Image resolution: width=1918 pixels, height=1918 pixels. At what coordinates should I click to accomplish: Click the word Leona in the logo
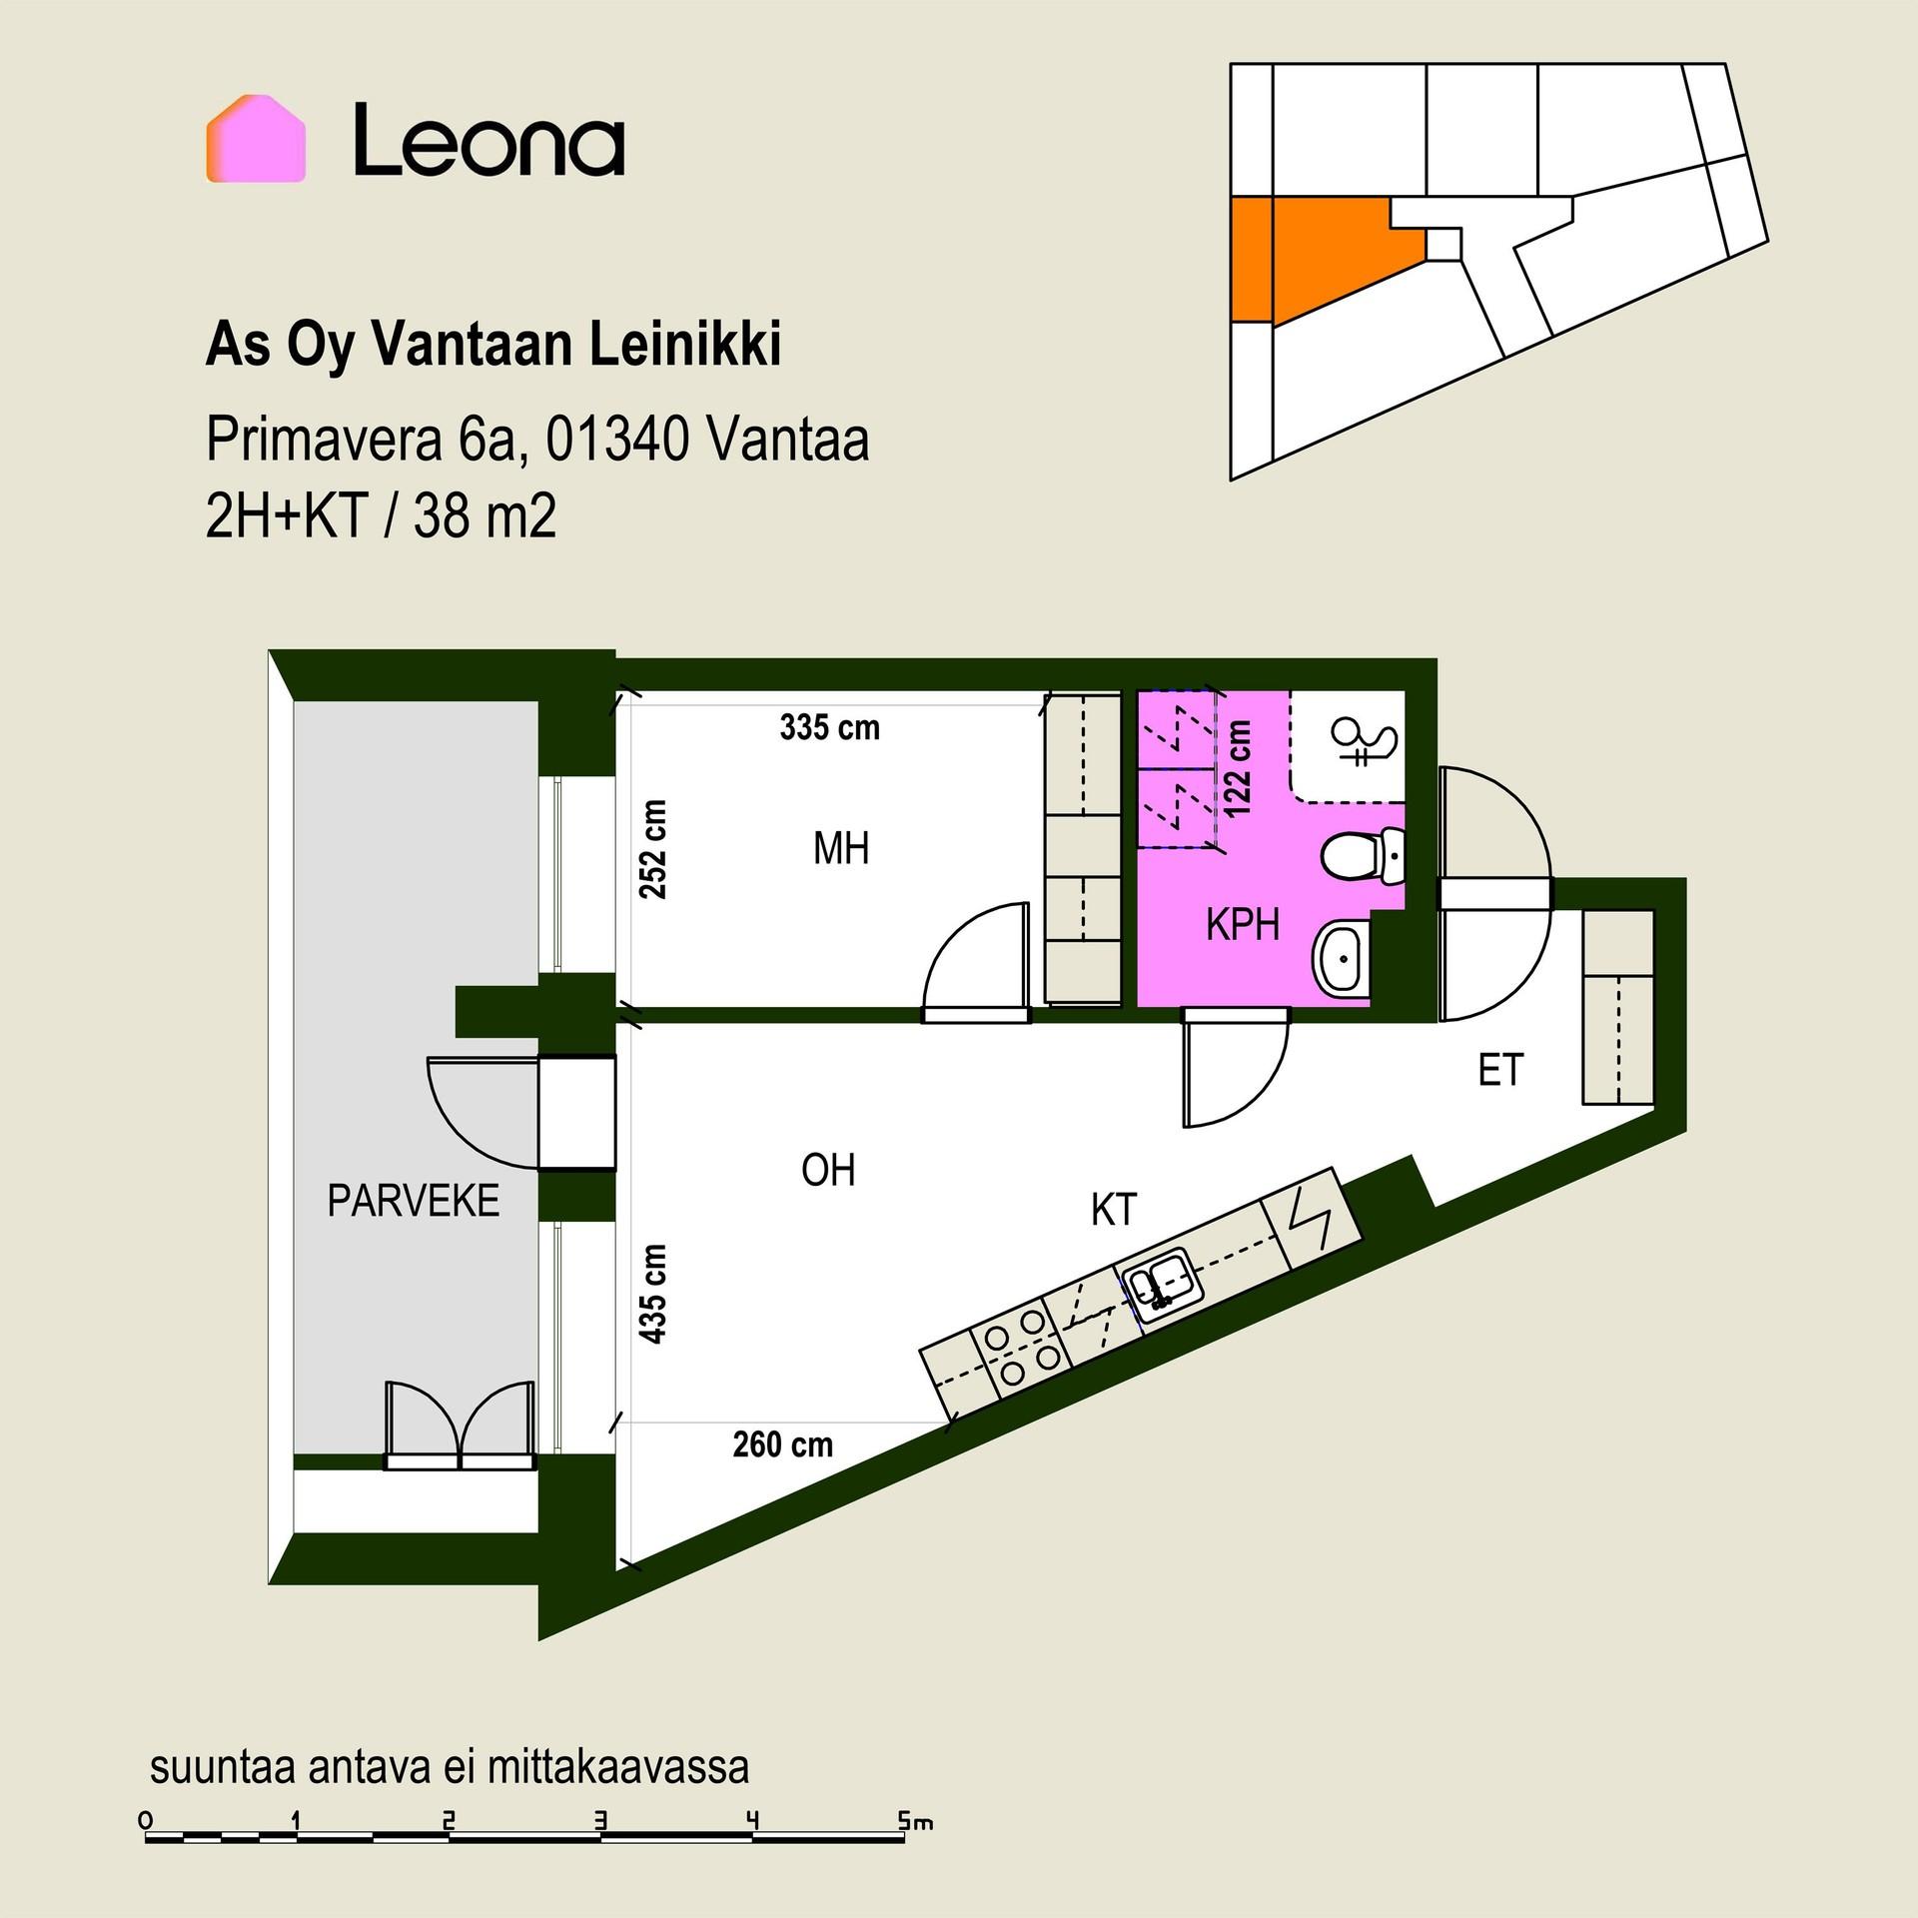[489, 141]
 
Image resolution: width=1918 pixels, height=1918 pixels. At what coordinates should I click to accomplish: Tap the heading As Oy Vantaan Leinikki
[493, 346]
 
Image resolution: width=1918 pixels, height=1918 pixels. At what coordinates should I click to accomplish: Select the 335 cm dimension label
[830, 727]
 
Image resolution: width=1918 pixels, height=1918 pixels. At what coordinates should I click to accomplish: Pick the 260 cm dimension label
[783, 1444]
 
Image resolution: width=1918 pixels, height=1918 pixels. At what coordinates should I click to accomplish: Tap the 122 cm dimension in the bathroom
[1238, 769]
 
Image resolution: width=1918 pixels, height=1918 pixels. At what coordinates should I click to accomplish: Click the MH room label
[841, 849]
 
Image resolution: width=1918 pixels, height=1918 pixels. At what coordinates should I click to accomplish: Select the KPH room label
[1243, 926]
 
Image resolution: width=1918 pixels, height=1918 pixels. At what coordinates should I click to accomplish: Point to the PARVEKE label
[414, 1201]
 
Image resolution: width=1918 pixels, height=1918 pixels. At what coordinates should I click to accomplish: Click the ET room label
[1500, 1071]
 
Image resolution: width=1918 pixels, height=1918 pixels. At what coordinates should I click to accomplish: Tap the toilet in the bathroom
[1364, 855]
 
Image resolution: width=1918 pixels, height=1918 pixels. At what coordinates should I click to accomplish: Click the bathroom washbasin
[1341, 959]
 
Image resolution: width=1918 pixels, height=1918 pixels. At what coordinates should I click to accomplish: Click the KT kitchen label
[1114, 1210]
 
